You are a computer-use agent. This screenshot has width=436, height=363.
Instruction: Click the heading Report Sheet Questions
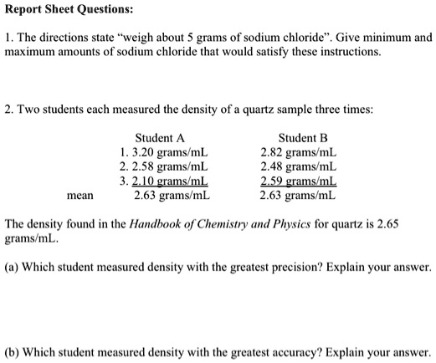(66, 13)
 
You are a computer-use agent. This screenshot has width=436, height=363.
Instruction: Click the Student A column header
(159, 137)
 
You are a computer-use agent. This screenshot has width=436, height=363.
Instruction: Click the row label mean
(81, 197)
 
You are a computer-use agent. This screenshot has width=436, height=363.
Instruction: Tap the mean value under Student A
(172, 197)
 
